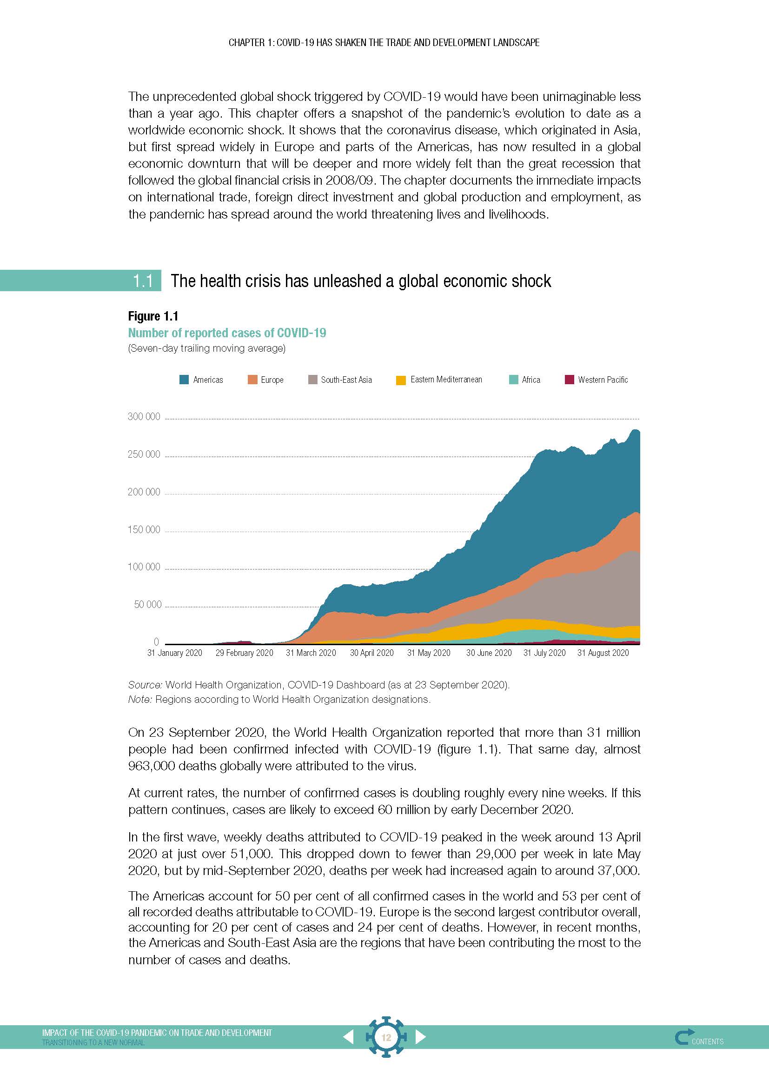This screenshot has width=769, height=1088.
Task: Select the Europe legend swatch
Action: [x=252, y=380]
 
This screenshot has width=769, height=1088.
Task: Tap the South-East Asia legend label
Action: [x=346, y=380]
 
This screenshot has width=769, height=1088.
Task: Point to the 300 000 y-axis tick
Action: [x=144, y=416]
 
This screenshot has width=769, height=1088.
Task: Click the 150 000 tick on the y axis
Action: [x=144, y=529]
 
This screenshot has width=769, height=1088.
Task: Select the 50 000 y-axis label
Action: [x=147, y=604]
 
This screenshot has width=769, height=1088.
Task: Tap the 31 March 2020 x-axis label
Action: [x=311, y=653]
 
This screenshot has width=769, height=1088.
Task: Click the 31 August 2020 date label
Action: [x=603, y=653]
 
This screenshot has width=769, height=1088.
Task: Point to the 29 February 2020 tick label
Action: [x=245, y=653]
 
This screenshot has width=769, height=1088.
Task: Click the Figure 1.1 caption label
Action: [x=153, y=316]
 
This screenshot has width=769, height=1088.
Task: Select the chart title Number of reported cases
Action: [x=227, y=333]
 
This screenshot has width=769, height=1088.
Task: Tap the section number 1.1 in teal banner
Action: [x=143, y=281]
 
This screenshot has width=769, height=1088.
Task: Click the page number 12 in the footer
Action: [x=386, y=1037]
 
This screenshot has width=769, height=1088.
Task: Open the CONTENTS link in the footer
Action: [x=707, y=1041]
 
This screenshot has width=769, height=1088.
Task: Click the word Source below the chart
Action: [x=145, y=685]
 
